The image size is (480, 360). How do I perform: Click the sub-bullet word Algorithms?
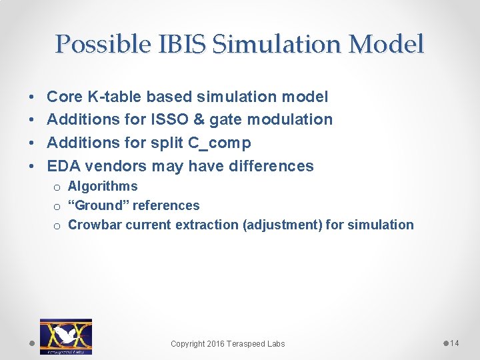[103, 187]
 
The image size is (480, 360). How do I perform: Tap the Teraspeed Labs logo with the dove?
[65, 336]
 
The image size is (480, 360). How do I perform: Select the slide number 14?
[455, 343]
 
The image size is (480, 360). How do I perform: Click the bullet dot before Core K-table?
[33, 97]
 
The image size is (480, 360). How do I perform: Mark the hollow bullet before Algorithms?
[58, 187]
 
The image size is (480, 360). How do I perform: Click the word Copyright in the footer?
[187, 344]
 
